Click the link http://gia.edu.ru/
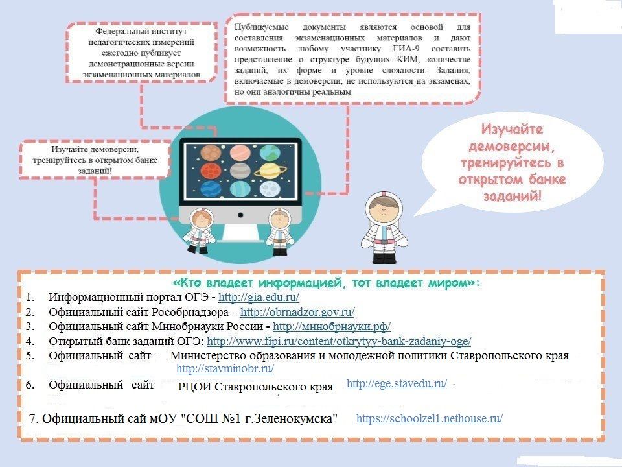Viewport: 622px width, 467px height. (259, 297)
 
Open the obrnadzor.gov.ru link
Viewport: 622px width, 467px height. (297, 312)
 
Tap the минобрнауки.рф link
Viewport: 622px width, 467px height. (332, 326)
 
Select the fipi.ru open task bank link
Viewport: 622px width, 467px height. (339, 341)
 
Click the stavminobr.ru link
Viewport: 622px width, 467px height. (225, 368)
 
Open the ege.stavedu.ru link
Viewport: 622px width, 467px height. (397, 383)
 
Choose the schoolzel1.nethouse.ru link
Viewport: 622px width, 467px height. (430, 418)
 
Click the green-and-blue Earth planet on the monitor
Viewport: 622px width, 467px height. (270, 152)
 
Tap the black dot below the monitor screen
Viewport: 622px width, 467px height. (240, 215)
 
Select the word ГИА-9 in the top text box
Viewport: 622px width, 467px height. (406, 49)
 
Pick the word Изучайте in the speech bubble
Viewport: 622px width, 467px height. (512, 129)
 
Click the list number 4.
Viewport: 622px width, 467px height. (30, 341)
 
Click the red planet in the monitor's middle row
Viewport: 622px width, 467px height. (211, 171)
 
